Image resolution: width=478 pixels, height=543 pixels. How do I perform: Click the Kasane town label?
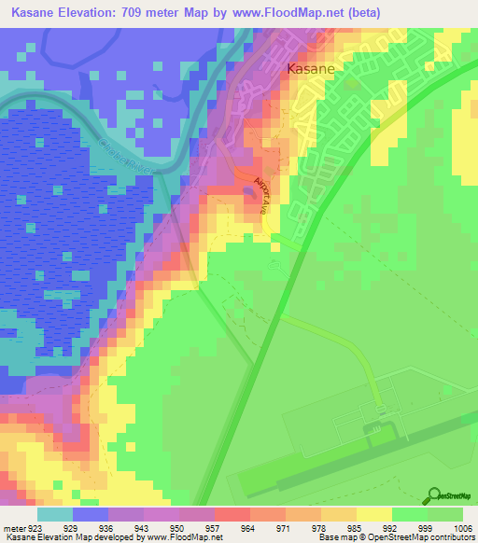tap(311, 68)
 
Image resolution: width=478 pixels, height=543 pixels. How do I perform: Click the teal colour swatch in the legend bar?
tap(55, 514)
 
